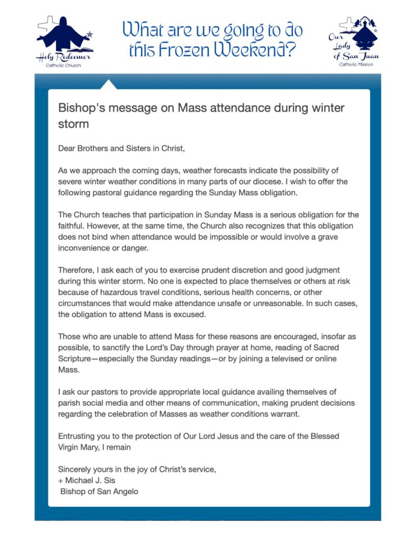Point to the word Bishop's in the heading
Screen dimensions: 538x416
(78, 108)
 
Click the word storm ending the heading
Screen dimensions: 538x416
(73, 125)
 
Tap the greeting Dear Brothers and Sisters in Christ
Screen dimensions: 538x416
(122, 149)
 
